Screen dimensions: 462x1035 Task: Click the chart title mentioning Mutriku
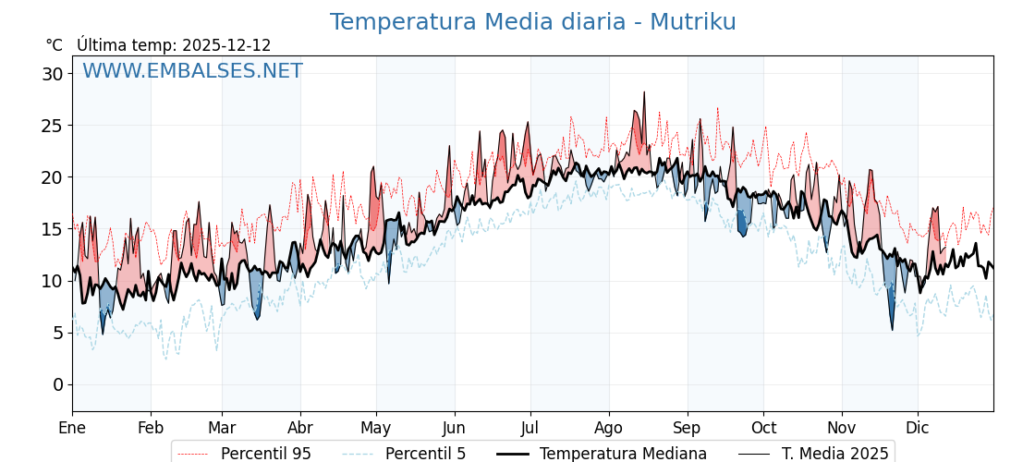[x=533, y=22]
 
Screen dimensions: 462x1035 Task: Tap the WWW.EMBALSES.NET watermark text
[x=192, y=71]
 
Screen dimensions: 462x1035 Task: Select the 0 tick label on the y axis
[x=57, y=384]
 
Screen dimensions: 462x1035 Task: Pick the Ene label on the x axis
[x=72, y=428]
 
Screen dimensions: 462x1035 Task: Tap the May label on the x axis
[x=376, y=428]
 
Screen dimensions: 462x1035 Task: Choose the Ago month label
[x=609, y=428]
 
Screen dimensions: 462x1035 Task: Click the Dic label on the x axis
[x=918, y=428]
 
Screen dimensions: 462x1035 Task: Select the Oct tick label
[x=763, y=428]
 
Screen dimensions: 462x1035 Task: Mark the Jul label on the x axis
[x=530, y=428]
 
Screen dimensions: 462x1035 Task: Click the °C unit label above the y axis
[x=54, y=45]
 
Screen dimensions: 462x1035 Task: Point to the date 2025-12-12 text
[x=226, y=45]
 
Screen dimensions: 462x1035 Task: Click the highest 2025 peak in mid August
[x=644, y=92]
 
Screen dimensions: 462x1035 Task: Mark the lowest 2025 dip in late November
[x=893, y=329]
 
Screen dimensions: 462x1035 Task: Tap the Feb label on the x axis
[x=151, y=428]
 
